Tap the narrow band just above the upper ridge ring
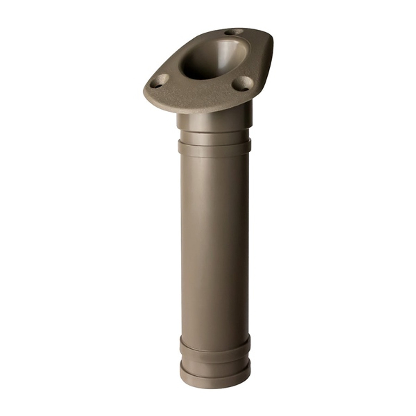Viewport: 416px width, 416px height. pyautogui.click(x=214, y=136)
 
